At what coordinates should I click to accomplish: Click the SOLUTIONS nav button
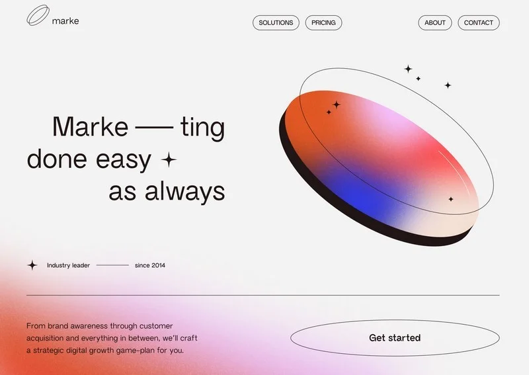276,22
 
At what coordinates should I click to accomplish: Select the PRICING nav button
323,22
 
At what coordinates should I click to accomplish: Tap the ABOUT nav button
435,22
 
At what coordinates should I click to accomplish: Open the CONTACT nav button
478,22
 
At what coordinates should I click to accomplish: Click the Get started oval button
395,338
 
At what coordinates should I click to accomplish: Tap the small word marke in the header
65,21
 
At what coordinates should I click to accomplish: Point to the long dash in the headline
154,128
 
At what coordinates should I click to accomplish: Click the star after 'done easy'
169,159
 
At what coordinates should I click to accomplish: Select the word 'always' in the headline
185,191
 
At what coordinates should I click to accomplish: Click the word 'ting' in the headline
202,128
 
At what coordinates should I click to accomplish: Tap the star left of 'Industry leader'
32,265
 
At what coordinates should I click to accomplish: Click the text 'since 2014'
150,265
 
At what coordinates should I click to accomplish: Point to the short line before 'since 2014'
112,265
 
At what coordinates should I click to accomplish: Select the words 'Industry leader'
68,265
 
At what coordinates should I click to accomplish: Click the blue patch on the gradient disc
358,196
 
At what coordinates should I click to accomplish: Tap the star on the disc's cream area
451,199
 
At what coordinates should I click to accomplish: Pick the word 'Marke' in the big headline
90,126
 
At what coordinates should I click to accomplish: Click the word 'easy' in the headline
124,159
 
